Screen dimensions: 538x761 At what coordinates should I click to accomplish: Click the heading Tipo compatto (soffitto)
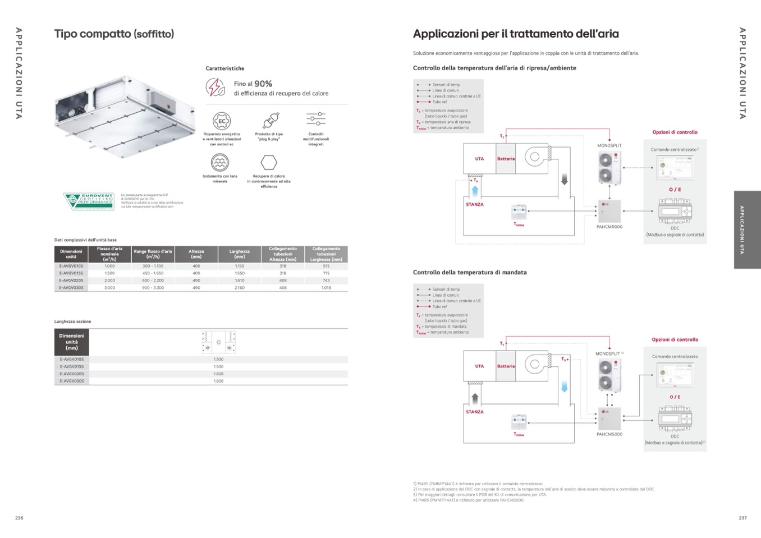[114, 34]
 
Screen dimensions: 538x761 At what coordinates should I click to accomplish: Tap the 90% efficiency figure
[263, 84]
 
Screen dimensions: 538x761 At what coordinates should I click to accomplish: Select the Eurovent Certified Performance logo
[89, 201]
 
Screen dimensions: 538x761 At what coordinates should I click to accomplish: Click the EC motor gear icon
[222, 121]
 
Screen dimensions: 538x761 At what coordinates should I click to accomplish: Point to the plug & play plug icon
[269, 121]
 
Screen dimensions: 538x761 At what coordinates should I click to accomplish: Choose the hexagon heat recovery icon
[269, 163]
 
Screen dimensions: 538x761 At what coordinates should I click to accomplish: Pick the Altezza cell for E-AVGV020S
[196, 281]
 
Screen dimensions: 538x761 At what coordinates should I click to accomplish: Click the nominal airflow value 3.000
[109, 288]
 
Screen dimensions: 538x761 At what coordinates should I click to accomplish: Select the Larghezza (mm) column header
[240, 254]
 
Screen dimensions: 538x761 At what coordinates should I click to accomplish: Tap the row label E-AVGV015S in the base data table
[71, 273]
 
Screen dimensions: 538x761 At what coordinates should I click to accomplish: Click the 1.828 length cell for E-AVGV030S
[218, 381]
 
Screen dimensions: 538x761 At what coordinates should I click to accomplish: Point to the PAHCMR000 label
[609, 227]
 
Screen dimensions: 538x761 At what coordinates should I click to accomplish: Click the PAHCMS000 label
[609, 434]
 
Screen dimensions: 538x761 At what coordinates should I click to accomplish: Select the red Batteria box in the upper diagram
[506, 159]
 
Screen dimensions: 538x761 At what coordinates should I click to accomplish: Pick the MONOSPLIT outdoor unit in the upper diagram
[609, 167]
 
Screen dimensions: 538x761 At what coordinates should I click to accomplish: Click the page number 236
[19, 518]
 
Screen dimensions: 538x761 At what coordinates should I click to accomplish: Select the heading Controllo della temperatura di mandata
[470, 273]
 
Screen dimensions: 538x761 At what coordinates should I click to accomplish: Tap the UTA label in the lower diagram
[479, 366]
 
